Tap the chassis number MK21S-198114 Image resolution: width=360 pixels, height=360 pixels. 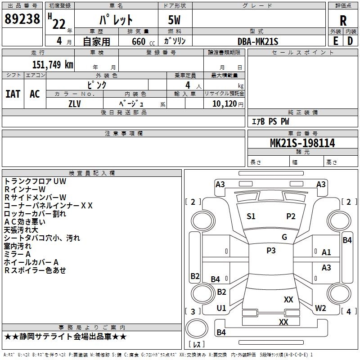[302, 143]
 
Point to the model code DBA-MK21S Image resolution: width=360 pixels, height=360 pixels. [258, 41]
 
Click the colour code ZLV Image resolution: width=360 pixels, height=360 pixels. [75, 103]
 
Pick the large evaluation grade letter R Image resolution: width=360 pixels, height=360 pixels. [343, 21]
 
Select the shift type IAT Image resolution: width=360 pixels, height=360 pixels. [13, 94]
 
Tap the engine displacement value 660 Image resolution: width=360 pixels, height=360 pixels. [139, 41]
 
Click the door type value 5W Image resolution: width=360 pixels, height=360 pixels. [175, 20]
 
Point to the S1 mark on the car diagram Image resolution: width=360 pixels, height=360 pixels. [251, 216]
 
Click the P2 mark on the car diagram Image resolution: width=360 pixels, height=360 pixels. [291, 216]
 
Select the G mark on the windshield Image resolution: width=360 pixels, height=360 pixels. [284, 237]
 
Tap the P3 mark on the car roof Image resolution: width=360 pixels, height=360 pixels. [271, 251]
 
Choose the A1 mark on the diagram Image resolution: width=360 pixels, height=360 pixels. [326, 252]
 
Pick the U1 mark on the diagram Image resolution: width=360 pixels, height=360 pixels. [221, 308]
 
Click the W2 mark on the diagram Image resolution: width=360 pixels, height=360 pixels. [320, 308]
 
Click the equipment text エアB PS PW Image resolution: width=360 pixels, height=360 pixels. [270, 121]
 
